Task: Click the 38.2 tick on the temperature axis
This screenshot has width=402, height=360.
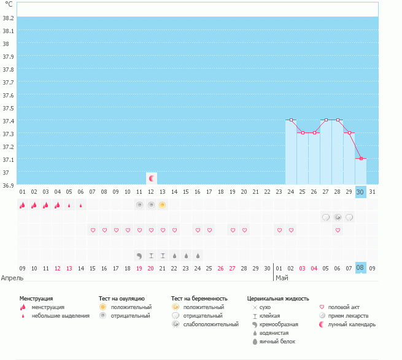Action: (8, 18)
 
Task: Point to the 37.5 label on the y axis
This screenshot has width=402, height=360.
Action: (8, 108)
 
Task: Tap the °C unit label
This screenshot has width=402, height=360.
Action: (8, 4)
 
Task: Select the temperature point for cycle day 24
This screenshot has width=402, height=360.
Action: (291, 120)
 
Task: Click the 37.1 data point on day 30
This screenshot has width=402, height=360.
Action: (361, 159)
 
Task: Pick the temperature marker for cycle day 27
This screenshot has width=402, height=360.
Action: (326, 120)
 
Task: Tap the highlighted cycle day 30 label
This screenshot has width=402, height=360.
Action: (361, 191)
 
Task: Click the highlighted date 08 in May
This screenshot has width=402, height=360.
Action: (361, 267)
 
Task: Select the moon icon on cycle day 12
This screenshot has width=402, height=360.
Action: (151, 178)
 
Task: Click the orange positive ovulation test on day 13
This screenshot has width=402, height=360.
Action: (163, 205)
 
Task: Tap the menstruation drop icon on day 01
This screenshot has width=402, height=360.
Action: (22, 205)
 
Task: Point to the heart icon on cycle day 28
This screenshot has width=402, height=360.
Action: (338, 230)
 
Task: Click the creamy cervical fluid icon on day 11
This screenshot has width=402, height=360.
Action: (139, 255)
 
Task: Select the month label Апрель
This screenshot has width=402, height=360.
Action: (12, 278)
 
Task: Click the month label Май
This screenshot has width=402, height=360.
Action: (282, 278)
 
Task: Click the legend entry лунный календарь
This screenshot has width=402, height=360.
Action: (352, 324)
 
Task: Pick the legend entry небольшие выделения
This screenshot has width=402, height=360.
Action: (61, 316)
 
